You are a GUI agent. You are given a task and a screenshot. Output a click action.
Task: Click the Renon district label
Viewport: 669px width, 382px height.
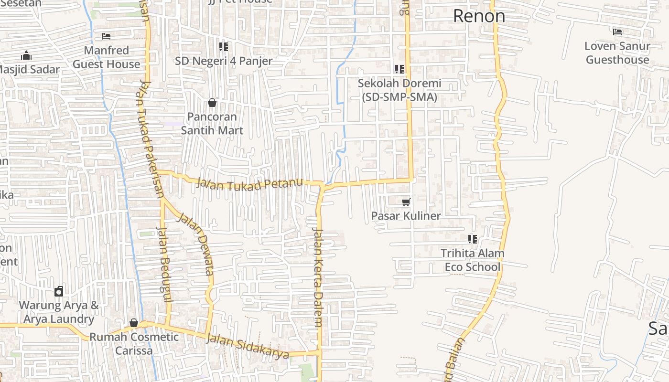click(x=479, y=16)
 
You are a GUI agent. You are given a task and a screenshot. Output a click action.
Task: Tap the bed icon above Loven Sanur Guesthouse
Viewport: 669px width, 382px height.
click(x=617, y=32)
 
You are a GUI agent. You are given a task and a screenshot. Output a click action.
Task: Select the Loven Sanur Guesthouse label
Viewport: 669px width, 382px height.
click(x=617, y=53)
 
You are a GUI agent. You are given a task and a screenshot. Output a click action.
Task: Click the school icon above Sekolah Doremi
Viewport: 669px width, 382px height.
click(x=399, y=69)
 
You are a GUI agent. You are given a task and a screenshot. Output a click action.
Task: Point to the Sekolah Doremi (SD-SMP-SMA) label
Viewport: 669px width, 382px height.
click(x=399, y=90)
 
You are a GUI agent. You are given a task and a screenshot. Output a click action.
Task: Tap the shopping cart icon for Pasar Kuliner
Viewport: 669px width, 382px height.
click(x=406, y=202)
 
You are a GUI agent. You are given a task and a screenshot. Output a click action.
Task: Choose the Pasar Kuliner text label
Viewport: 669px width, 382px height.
click(x=406, y=216)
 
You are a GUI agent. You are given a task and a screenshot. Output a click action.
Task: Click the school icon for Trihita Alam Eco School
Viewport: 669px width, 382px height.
click(x=473, y=239)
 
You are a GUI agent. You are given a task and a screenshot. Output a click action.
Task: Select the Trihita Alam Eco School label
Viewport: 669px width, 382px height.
click(x=473, y=260)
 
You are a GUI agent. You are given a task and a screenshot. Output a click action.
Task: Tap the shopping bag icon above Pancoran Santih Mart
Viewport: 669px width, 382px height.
click(x=212, y=103)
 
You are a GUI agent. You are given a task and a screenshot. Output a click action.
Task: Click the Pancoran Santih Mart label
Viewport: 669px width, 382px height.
click(x=212, y=124)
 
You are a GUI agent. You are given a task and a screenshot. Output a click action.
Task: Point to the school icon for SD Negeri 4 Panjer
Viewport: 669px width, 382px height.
click(x=223, y=47)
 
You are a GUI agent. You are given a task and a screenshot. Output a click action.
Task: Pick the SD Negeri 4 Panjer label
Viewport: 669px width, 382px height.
click(x=223, y=61)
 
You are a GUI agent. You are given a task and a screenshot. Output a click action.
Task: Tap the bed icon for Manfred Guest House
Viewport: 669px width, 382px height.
click(x=106, y=36)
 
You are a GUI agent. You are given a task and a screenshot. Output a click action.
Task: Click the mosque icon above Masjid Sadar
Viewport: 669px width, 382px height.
click(x=26, y=55)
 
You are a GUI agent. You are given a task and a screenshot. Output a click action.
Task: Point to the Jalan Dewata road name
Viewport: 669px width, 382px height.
click(x=195, y=244)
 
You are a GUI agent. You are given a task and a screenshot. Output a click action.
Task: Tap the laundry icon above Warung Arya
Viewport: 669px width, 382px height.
click(x=59, y=291)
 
